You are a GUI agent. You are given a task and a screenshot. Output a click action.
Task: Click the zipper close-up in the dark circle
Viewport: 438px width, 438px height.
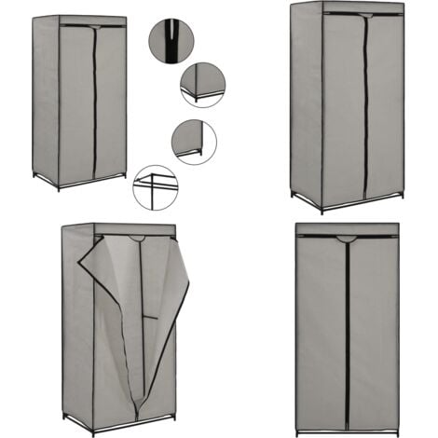tap(171, 41)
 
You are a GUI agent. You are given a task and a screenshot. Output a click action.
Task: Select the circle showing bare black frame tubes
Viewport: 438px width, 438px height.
tap(155, 187)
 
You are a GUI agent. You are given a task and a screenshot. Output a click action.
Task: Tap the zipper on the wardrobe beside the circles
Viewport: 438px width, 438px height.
tap(94, 103)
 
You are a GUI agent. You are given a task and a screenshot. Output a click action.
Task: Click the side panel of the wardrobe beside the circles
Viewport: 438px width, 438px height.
tap(45, 103)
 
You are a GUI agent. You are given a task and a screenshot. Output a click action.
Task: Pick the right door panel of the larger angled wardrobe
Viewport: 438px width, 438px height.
tap(384, 107)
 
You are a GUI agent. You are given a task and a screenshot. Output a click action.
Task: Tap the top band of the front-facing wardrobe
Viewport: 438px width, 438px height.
tap(348, 228)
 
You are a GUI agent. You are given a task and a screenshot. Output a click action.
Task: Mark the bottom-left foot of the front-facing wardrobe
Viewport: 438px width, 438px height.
tap(299, 431)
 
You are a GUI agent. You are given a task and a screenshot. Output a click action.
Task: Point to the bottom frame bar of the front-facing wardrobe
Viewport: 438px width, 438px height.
tap(348, 430)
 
